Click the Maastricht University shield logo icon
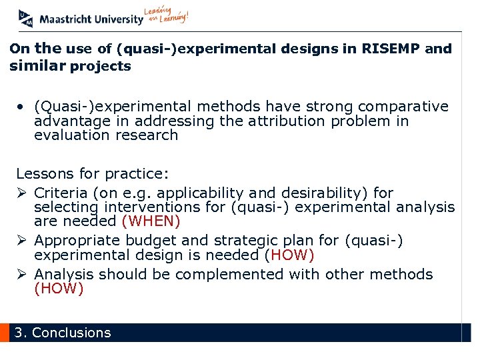point(26,18)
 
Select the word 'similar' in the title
point(37,66)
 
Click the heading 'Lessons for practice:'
point(93,174)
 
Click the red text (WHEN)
point(151,221)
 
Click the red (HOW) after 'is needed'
point(289,255)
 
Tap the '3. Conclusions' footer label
point(63,333)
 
